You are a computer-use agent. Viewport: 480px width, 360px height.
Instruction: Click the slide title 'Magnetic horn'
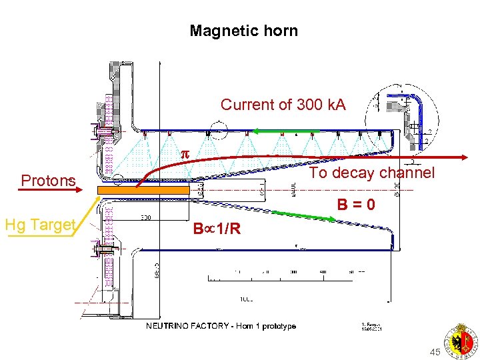pyautogui.click(x=243, y=31)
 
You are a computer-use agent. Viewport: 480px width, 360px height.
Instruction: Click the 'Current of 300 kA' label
pyautogui.click(x=283, y=105)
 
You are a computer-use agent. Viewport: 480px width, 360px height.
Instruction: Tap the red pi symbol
pyautogui.click(x=186, y=153)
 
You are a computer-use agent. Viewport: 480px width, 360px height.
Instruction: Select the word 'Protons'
pyautogui.click(x=48, y=181)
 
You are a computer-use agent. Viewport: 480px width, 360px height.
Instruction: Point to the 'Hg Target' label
pyautogui.click(x=39, y=225)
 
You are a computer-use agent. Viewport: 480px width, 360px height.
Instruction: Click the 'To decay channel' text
pyautogui.click(x=373, y=173)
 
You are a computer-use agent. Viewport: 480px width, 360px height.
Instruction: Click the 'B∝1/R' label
pyautogui.click(x=217, y=229)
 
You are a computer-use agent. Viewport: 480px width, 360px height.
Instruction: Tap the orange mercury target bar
pyautogui.click(x=143, y=191)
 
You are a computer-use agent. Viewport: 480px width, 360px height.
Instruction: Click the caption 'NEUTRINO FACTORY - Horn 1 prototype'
pyautogui.click(x=221, y=326)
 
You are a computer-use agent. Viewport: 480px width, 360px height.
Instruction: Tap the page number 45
pyautogui.click(x=435, y=351)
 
